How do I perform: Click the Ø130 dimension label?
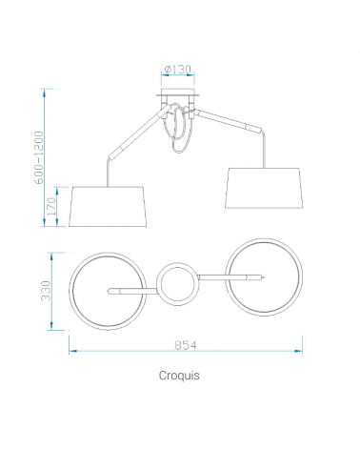tap(178, 69)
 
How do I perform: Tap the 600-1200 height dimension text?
tap(38, 157)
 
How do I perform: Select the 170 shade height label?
tap(51, 206)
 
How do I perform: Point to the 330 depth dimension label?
tap(46, 291)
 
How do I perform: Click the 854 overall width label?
tap(186, 345)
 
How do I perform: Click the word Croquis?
tap(179, 376)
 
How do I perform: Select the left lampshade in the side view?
tap(108, 207)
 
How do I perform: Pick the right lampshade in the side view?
tap(264, 188)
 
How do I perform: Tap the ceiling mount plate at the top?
tap(178, 94)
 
